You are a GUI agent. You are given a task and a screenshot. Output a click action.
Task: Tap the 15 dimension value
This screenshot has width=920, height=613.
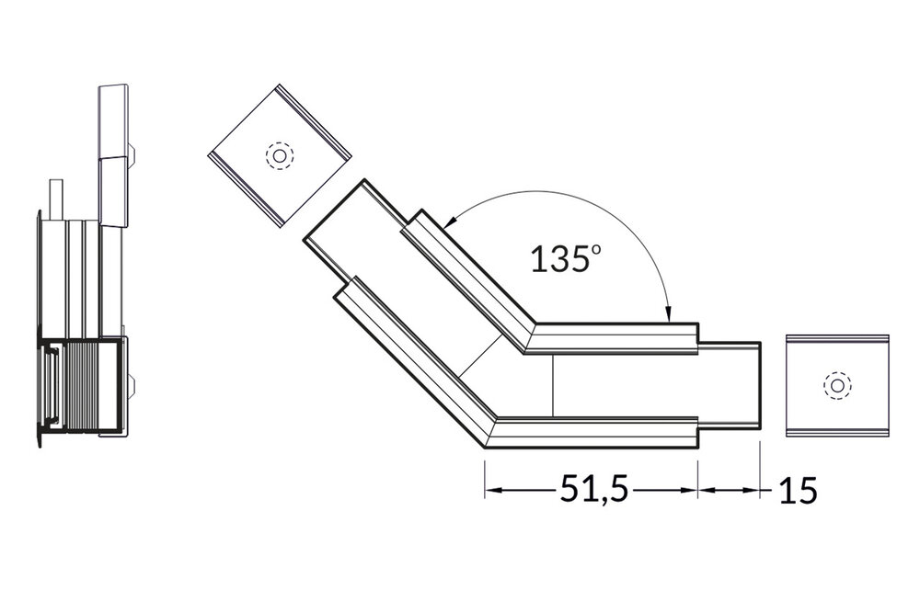pos(798,491)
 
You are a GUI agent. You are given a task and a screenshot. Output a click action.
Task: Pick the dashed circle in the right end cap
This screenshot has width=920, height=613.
pos(837,385)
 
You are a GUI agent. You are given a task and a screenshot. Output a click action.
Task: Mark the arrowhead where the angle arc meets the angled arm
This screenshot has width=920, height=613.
pos(450,221)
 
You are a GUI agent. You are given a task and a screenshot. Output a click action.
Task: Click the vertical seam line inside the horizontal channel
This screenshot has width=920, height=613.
pos(552,386)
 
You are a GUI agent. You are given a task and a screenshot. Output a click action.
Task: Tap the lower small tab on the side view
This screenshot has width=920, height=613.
pos(134,386)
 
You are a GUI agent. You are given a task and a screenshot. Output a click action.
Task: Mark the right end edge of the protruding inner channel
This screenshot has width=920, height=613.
pos(762,385)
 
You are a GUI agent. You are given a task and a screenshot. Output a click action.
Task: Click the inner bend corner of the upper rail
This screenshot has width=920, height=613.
pos(526,351)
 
